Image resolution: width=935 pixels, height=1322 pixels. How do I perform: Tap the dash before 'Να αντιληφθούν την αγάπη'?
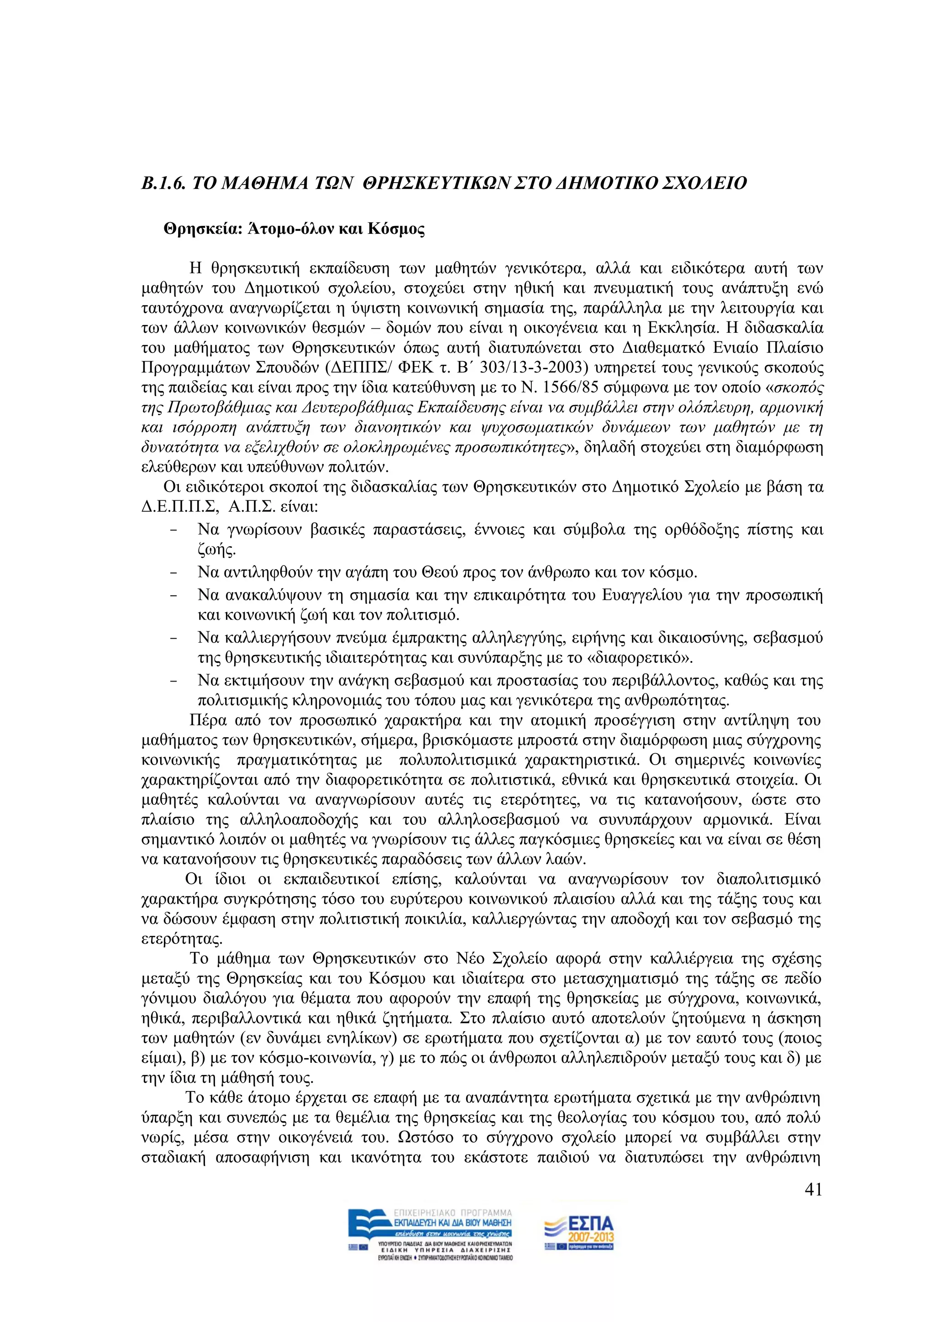point(173,573)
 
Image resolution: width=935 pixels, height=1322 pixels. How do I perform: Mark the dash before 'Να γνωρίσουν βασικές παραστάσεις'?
point(173,530)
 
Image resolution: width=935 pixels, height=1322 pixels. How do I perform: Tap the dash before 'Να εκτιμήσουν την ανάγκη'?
point(173,681)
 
